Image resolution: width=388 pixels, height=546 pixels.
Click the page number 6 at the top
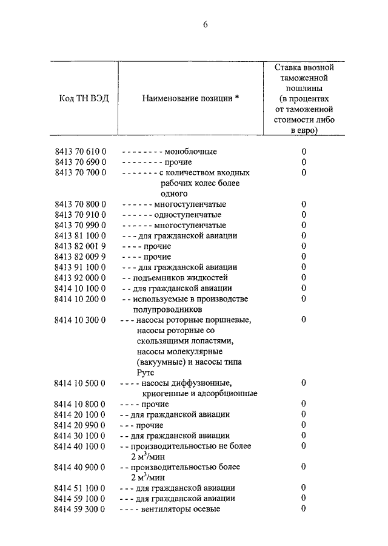pyautogui.click(x=205, y=25)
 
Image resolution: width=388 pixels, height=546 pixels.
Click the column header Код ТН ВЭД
pyautogui.click(x=84, y=98)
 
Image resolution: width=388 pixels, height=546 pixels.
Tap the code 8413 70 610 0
pyautogui.click(x=80, y=152)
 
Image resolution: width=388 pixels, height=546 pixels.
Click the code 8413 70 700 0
pyautogui.click(x=80, y=173)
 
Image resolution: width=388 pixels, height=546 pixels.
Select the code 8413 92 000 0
pyautogui.click(x=80, y=278)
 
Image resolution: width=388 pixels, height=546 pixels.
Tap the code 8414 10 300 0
pyautogui.click(x=80, y=320)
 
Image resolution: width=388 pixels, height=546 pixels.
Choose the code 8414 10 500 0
pyautogui.click(x=80, y=383)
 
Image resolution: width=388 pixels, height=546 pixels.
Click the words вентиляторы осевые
pyautogui.click(x=180, y=509)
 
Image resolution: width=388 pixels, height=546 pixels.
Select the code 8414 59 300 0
pyautogui.click(x=80, y=509)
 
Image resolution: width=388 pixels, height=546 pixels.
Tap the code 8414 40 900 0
pyautogui.click(x=80, y=467)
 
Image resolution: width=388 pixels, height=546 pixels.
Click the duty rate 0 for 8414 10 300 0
pyautogui.click(x=303, y=320)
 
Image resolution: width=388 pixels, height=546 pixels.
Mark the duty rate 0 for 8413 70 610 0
pyautogui.click(x=303, y=152)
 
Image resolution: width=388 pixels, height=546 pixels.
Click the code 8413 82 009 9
pyautogui.click(x=80, y=257)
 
